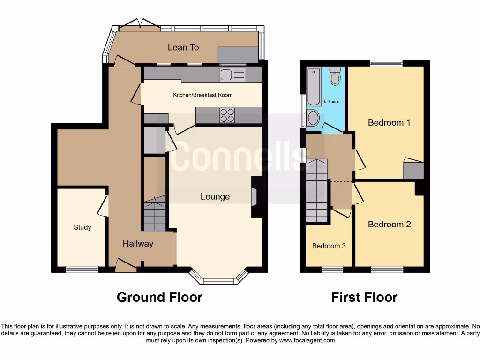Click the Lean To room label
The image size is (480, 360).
coord(183,47)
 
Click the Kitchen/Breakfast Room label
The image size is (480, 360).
coord(202,95)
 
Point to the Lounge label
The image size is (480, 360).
coord(215,196)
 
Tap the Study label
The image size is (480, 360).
coord(82,227)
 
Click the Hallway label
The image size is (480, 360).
coord(138,243)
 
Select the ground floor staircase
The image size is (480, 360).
coord(154,216)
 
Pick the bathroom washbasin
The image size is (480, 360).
coord(313,118)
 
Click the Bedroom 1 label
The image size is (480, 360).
coord(389,123)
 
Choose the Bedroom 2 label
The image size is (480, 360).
coord(389,225)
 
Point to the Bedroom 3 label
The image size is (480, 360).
coord(329,246)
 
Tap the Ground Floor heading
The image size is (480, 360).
coord(159,297)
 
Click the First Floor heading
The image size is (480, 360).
coord(364,297)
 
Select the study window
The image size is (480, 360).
coord(82,270)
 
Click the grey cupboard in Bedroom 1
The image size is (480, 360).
coord(413,171)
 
